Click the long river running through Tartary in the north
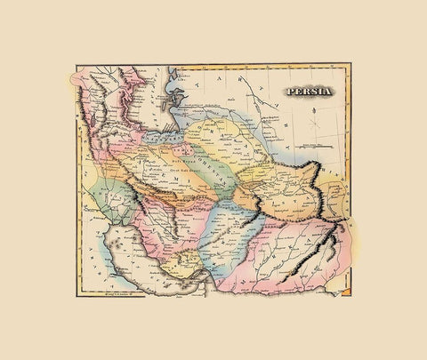267,124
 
